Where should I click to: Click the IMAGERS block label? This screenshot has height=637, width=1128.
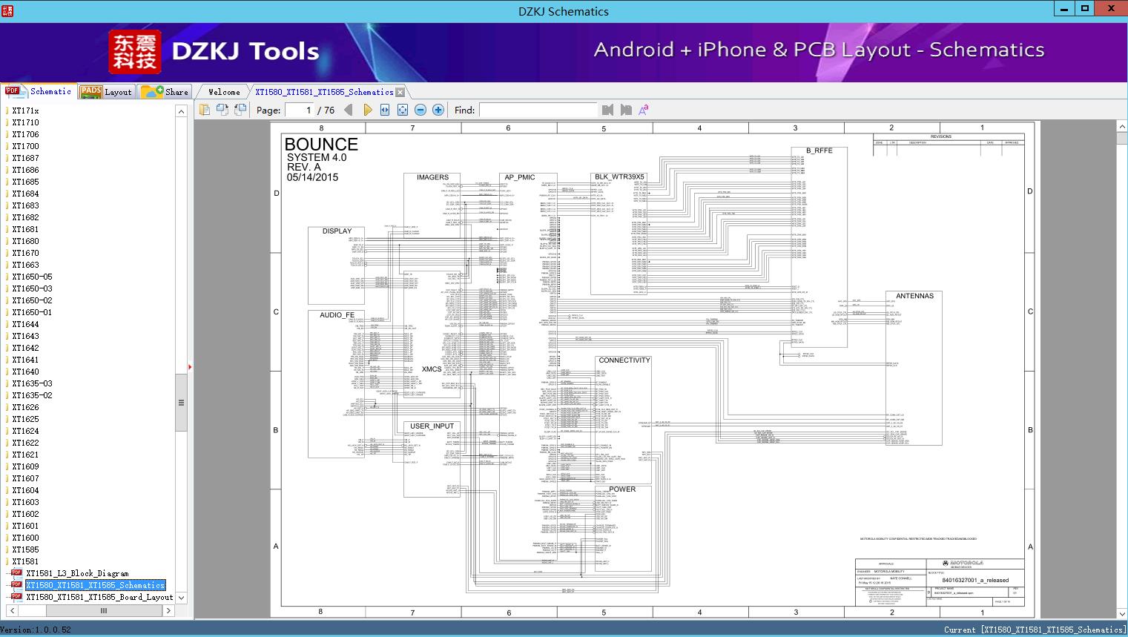(x=432, y=177)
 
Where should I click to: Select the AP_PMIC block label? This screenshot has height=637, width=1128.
(x=520, y=177)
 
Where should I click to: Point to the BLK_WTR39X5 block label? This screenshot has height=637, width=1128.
(x=619, y=177)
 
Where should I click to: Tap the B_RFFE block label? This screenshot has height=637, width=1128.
(x=819, y=151)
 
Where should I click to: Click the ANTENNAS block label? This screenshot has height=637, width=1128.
(x=914, y=296)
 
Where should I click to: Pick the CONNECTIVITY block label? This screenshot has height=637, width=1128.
(x=624, y=360)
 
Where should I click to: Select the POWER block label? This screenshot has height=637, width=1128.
(x=622, y=489)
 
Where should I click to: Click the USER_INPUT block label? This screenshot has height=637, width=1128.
(x=432, y=426)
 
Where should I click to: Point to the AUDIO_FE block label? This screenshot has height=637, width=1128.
(x=337, y=315)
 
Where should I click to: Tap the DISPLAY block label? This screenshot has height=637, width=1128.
(x=337, y=231)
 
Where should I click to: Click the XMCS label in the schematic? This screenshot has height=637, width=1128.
(x=432, y=369)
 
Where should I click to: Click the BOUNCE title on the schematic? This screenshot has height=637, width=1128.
(x=321, y=145)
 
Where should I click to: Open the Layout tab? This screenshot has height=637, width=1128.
(x=106, y=92)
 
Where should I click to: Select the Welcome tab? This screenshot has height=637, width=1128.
(x=224, y=92)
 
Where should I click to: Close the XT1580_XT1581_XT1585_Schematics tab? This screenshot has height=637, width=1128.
(x=400, y=92)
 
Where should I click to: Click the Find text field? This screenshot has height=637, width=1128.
(x=538, y=110)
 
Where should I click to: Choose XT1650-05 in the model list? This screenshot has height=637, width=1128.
(x=32, y=277)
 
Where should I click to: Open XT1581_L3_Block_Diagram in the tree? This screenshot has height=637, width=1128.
(x=77, y=573)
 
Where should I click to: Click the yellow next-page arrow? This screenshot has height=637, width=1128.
(x=367, y=110)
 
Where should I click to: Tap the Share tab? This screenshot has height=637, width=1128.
(x=165, y=92)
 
